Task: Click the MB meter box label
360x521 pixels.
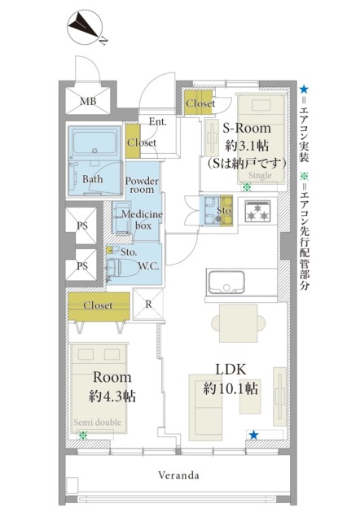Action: click(88, 101)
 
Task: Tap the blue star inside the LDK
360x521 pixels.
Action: click(253, 435)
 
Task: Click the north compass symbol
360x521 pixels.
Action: click(85, 27)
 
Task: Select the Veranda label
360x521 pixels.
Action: click(178, 475)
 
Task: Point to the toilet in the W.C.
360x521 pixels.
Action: click(122, 268)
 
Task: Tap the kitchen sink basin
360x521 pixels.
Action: click(226, 282)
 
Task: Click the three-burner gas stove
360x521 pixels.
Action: click(257, 212)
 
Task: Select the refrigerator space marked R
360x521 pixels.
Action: click(148, 304)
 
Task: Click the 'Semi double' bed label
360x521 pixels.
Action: click(98, 422)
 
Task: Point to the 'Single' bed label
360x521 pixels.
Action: click(260, 175)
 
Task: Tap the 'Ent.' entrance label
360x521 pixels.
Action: click(157, 121)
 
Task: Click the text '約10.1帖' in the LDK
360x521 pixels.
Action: click(230, 388)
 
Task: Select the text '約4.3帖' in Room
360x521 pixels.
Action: click(112, 396)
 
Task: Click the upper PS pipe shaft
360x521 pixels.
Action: click(82, 225)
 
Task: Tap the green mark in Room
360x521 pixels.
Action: click(82, 436)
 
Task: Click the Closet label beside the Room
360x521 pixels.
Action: click(98, 305)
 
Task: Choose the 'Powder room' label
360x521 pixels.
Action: click(142, 185)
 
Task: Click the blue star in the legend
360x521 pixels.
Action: click(304, 89)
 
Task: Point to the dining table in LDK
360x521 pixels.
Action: click(239, 323)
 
